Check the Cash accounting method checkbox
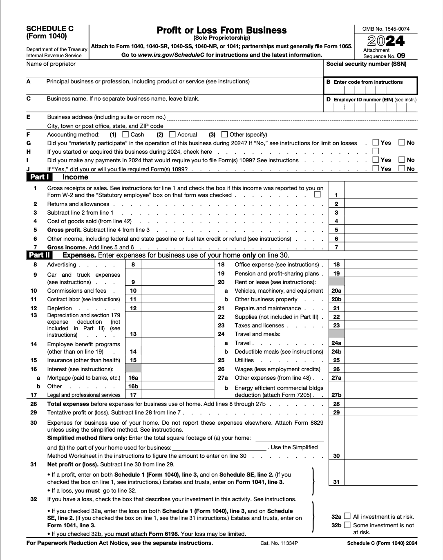click(126, 134)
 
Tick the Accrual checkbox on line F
click(172, 134)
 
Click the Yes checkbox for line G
click(376, 143)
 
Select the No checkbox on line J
click(402, 168)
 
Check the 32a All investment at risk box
click(347, 516)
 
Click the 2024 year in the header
click(386, 41)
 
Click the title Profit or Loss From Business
click(221, 30)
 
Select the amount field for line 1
click(381, 195)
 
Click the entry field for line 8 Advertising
click(177, 264)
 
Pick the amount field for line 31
click(381, 482)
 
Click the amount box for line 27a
click(381, 378)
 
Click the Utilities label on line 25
click(244, 360)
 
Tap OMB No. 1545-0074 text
click(386, 29)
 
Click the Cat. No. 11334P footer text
click(279, 543)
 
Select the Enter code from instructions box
click(370, 86)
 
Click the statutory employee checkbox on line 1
click(318, 195)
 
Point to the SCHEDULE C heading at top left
click(50, 29)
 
